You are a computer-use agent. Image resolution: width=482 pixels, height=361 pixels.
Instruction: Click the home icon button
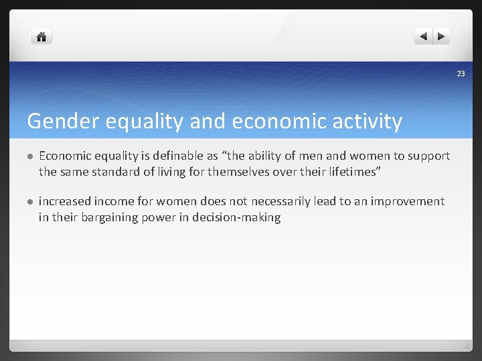42,37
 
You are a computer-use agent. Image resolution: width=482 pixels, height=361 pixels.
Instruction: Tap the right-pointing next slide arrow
442,37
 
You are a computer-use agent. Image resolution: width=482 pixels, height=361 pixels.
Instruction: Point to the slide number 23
461,74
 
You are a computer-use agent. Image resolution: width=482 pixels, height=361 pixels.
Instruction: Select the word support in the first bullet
428,156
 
